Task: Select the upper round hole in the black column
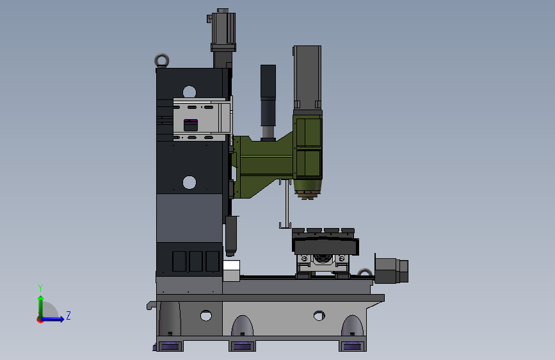point(189,92)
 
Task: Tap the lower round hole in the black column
point(189,183)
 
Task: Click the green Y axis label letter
point(40,288)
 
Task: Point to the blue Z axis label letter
point(68,315)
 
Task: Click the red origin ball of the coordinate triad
point(40,320)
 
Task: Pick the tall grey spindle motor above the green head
point(307,77)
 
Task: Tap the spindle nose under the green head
point(307,190)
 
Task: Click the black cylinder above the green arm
point(268,102)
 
